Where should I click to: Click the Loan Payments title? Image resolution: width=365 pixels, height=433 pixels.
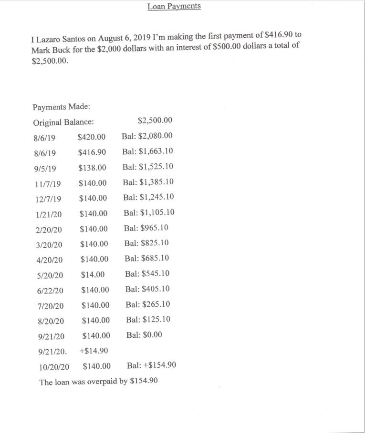point(174,6)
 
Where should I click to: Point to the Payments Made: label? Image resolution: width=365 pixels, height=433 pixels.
point(58,107)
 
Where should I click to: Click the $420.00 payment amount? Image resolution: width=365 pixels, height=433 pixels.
point(91,137)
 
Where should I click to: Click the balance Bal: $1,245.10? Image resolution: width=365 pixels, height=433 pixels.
point(148,197)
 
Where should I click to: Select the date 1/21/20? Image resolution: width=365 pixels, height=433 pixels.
point(48,214)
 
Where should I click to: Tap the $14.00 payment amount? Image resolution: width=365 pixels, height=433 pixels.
point(93,274)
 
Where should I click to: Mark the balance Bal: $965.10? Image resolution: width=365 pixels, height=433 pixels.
point(146,228)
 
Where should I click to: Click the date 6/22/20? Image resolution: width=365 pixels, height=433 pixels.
point(50,290)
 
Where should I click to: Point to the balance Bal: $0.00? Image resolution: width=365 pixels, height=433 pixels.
point(144,335)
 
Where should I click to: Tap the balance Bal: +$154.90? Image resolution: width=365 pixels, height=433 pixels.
point(152,365)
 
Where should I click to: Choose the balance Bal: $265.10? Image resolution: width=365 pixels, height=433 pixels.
point(148,304)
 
